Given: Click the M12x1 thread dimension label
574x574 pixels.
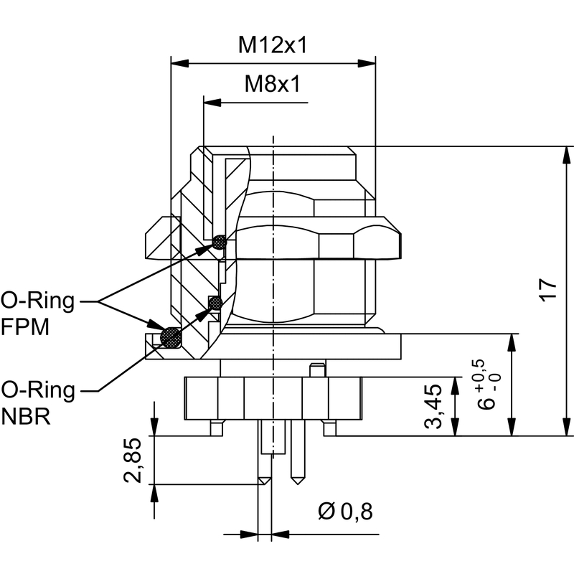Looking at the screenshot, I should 273,46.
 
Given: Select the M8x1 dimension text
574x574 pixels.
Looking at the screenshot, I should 272,85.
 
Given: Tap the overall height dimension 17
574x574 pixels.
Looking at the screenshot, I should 548,290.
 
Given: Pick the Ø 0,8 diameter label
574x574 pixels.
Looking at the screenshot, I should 345,512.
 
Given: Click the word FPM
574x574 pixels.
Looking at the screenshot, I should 25,328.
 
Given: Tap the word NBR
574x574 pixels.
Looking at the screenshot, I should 27,417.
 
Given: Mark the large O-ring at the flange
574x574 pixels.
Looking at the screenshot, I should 171,337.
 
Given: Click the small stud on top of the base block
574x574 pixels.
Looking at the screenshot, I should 316,370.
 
